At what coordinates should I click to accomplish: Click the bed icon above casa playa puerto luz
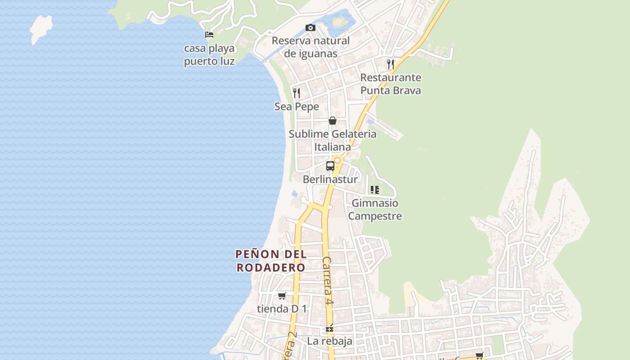tap(209, 35)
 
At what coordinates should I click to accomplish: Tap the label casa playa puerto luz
tap(209, 54)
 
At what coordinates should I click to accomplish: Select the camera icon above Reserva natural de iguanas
tap(310, 28)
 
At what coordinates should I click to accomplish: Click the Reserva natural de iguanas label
tap(310, 47)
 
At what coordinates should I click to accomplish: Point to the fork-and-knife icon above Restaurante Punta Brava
tap(391, 64)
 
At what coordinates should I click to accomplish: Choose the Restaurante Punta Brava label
tap(391, 84)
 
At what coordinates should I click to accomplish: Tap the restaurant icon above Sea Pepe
tap(297, 93)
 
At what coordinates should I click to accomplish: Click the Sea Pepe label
tap(297, 107)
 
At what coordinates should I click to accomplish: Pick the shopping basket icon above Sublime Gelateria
tap(333, 121)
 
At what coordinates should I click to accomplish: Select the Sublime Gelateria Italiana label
tap(333, 140)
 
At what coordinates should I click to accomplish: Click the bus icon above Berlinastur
tap(330, 166)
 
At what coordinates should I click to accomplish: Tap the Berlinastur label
tap(330, 179)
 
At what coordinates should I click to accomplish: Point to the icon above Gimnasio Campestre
tap(375, 190)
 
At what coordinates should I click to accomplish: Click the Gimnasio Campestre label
tap(375, 209)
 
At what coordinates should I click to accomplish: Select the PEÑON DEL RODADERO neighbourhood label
tap(271, 261)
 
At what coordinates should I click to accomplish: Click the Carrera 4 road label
tap(328, 282)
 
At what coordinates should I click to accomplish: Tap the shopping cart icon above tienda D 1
tap(282, 296)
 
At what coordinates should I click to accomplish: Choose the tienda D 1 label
tap(282, 309)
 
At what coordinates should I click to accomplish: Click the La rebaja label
tap(330, 341)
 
